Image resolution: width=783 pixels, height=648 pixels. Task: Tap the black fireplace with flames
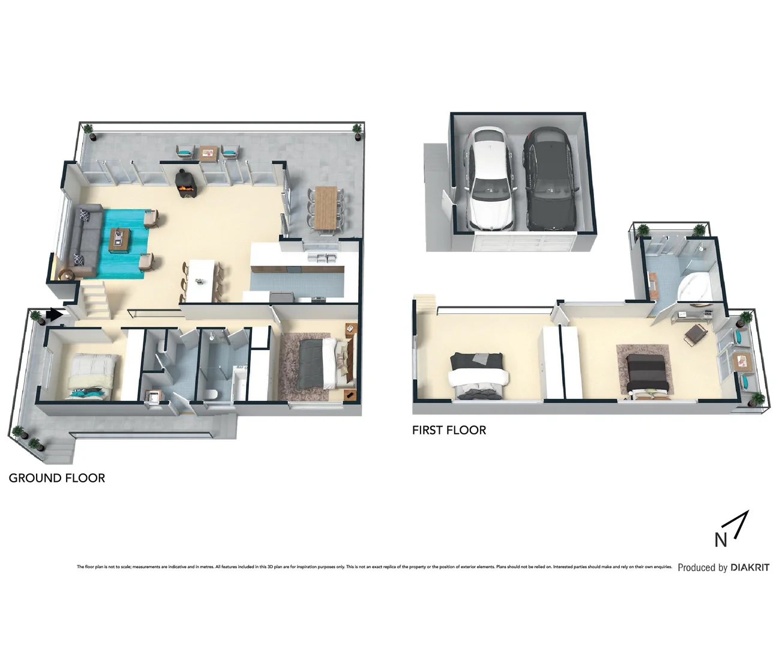click(185, 184)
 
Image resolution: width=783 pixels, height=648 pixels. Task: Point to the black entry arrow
click(55, 314)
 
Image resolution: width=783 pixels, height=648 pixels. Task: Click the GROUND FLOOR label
click(57, 478)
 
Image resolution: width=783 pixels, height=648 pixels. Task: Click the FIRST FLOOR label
click(449, 430)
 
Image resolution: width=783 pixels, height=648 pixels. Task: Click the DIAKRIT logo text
click(749, 567)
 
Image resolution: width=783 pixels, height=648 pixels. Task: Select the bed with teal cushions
click(91, 376)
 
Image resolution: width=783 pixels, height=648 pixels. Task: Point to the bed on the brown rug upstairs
click(645, 374)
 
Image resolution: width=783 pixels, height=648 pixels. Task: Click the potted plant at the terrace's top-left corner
click(89, 130)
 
